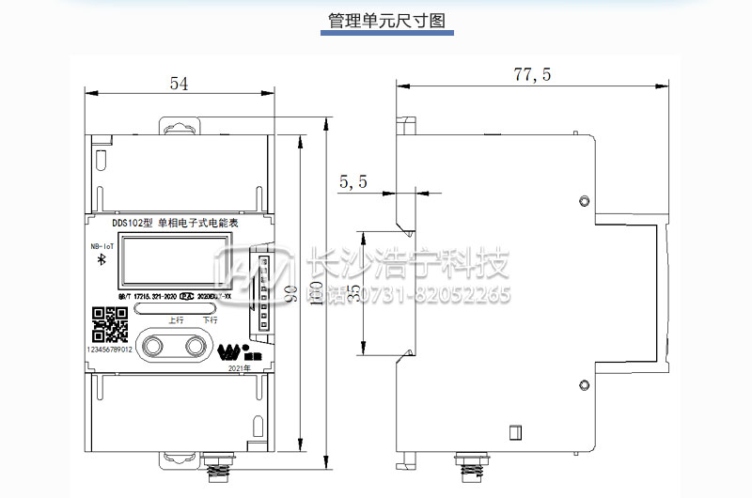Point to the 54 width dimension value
pos(179,84)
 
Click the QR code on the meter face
pos(110,325)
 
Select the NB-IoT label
pos(102,246)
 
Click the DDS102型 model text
pos(133,224)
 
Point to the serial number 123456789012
pos(109,349)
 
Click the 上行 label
pos(175,319)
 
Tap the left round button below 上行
pos(153,345)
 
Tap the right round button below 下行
pos(197,345)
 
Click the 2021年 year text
pos(241,370)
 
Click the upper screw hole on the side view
pos(585,201)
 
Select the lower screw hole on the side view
pos(585,384)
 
